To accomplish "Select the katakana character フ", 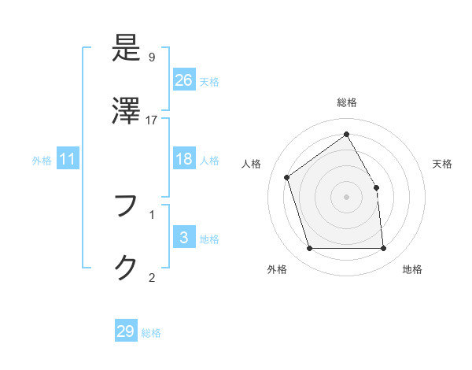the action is pos(126,206).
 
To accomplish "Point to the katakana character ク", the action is pos(126,268).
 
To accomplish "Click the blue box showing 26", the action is pos(183,80).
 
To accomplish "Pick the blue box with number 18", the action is pos(183,159).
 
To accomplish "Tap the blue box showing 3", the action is pos(183,238).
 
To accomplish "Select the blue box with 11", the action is pos(68,159).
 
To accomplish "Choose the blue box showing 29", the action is pos(126,331).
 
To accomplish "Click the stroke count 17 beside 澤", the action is pos(152,120).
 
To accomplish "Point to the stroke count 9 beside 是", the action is pos(152,57).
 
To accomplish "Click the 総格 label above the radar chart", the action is pos(347,102).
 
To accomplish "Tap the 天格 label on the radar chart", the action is pos(443,164).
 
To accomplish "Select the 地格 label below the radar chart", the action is pos(412,269).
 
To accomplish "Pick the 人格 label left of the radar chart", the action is pos(252,164).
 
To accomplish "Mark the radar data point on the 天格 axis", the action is pos(376,187).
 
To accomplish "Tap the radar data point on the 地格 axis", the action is pos(384,249).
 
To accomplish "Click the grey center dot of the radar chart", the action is pos(347,197).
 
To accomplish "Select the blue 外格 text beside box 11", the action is pos(42,160).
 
